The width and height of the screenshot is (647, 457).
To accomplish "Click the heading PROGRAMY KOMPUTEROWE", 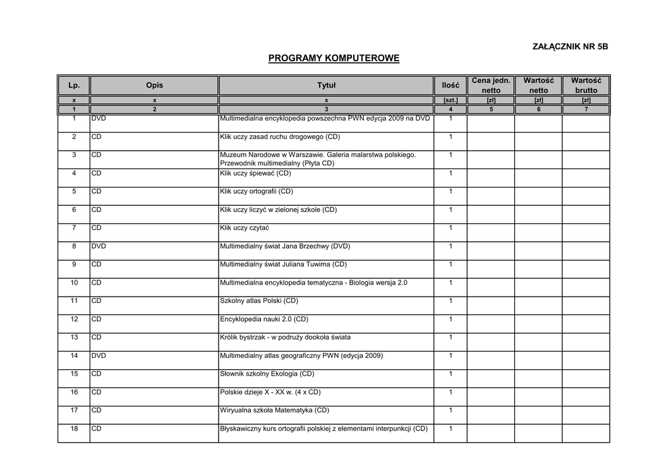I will tap(334, 59).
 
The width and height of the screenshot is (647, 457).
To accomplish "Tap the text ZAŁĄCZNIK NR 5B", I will tap(571, 47).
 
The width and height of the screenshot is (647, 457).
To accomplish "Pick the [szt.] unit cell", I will tap(450, 100).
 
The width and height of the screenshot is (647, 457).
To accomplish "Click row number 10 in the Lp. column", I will tap(74, 283).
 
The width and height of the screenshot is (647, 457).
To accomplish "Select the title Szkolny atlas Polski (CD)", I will tap(258, 301).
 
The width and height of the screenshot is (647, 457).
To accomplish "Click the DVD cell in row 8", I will tap(99, 246).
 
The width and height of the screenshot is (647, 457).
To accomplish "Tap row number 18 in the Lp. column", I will tap(74, 429).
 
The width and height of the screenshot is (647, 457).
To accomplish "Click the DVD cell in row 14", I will tap(99, 356).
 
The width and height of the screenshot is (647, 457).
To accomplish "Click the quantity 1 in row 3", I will tap(450, 155).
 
